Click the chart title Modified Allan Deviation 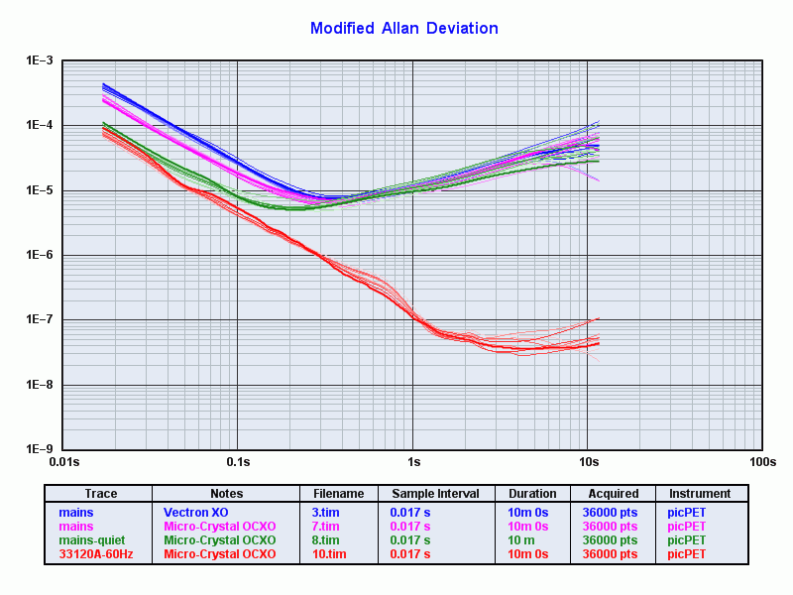pos(403,28)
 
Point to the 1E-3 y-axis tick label pos(39,61)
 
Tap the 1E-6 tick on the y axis pos(39,255)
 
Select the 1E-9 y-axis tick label pos(39,449)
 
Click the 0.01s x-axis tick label pos(62,462)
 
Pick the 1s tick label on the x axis pos(412,462)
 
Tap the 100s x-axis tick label pos(761,462)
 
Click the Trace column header pos(100,494)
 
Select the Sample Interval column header pos(435,494)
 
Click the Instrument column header pos(700,494)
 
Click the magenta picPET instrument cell pos(687,527)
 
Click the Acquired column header pos(613,494)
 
